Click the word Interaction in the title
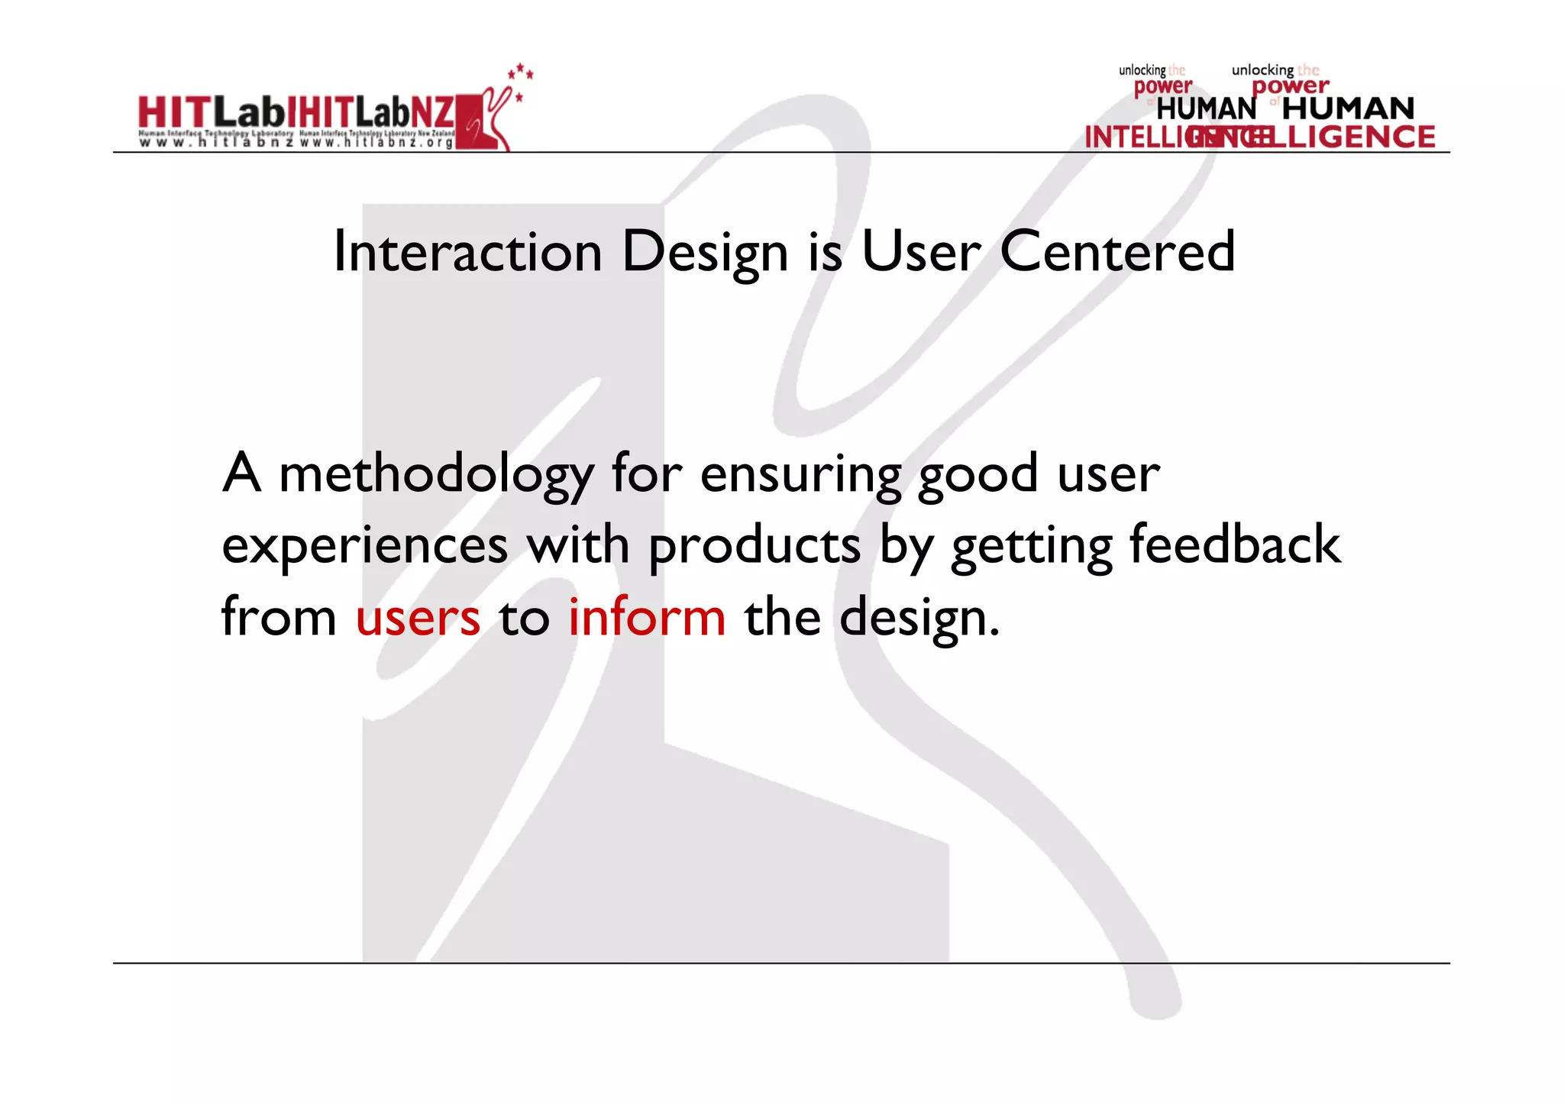pos(468,252)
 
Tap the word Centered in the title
pos(1116,252)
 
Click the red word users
pos(418,618)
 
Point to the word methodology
pos(435,475)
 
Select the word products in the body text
pos(755,547)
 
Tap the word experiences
pos(364,547)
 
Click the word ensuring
pos(800,475)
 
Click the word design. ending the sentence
pos(919,618)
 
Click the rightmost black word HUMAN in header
pos(1348,108)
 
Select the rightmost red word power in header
pos(1290,86)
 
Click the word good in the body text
pos(977,475)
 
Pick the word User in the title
pos(919,252)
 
